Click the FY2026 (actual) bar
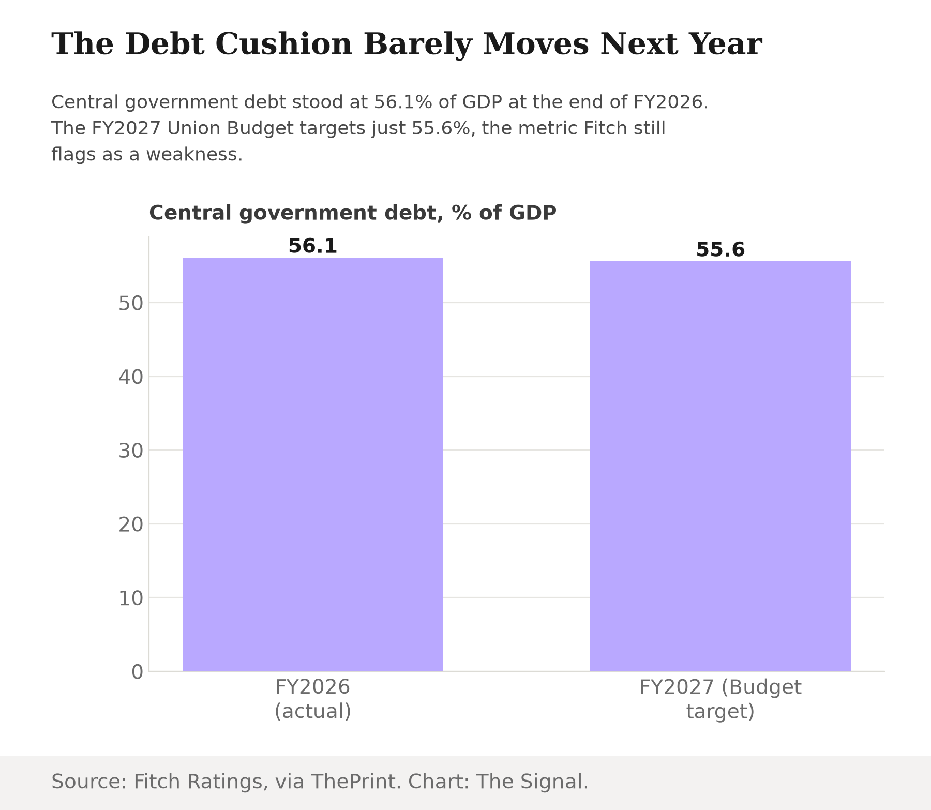(x=313, y=464)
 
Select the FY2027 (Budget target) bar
(x=720, y=467)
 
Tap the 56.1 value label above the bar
(x=313, y=246)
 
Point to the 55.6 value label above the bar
(x=720, y=250)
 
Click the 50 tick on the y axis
(x=130, y=303)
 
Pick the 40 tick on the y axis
(x=130, y=377)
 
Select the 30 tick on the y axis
(x=130, y=451)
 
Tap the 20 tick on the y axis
(x=130, y=525)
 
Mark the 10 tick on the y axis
(x=130, y=598)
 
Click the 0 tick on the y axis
(x=137, y=672)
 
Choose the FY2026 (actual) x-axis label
(x=313, y=699)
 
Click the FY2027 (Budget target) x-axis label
(x=720, y=699)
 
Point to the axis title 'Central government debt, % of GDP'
(x=353, y=213)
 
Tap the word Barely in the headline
(x=418, y=44)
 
